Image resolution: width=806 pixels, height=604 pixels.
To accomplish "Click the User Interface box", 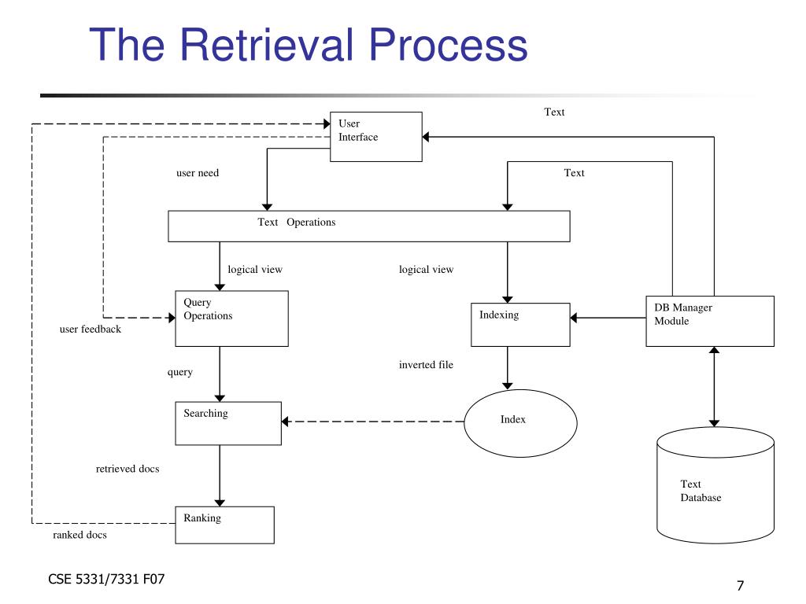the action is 375,137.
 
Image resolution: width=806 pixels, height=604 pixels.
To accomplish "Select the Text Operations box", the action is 368,226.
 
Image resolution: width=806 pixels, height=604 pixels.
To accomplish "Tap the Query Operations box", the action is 231,319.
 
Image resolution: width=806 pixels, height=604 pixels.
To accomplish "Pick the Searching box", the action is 228,423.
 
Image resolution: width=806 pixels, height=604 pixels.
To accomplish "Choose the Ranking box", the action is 224,525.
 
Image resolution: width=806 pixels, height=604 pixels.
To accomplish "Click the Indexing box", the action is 520,325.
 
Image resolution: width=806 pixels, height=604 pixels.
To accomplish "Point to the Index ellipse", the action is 520,423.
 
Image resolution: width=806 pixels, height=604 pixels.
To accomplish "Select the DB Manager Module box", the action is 710,321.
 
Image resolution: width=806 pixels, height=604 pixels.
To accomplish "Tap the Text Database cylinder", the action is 715,485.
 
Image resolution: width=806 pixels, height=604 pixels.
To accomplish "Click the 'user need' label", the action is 198,173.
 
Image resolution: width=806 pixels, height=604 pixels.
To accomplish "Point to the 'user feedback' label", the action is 91,330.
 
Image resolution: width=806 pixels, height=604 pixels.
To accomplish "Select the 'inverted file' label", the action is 426,365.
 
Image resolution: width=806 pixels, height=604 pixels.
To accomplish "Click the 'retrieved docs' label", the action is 128,469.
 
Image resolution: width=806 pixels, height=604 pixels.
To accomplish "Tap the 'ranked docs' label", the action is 79,535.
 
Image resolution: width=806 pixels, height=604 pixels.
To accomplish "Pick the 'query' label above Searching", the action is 180,372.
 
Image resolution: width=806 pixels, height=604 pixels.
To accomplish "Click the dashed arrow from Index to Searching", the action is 372,422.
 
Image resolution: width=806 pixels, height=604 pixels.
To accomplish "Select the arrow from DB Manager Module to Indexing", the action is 608,318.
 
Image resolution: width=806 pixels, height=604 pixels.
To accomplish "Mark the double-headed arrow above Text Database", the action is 714,387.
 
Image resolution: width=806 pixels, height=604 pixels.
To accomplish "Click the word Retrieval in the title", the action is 268,45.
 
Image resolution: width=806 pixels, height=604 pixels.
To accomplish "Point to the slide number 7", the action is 740,585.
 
